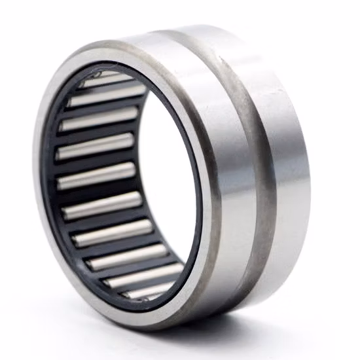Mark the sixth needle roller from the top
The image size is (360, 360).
tap(103, 209)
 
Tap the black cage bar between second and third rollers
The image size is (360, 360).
tap(98, 110)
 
